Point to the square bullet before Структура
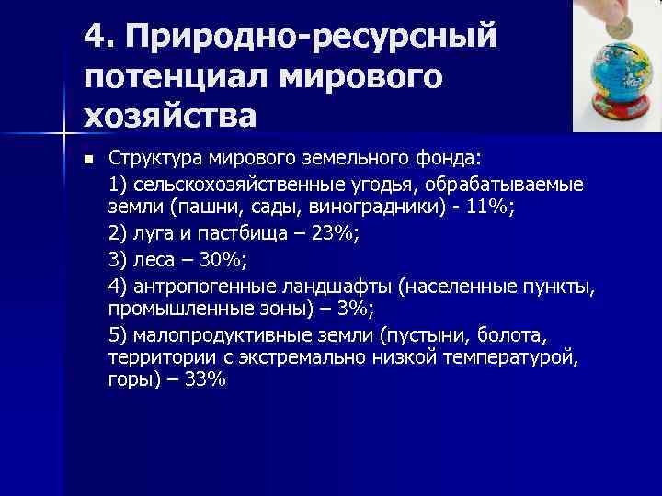(88, 160)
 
